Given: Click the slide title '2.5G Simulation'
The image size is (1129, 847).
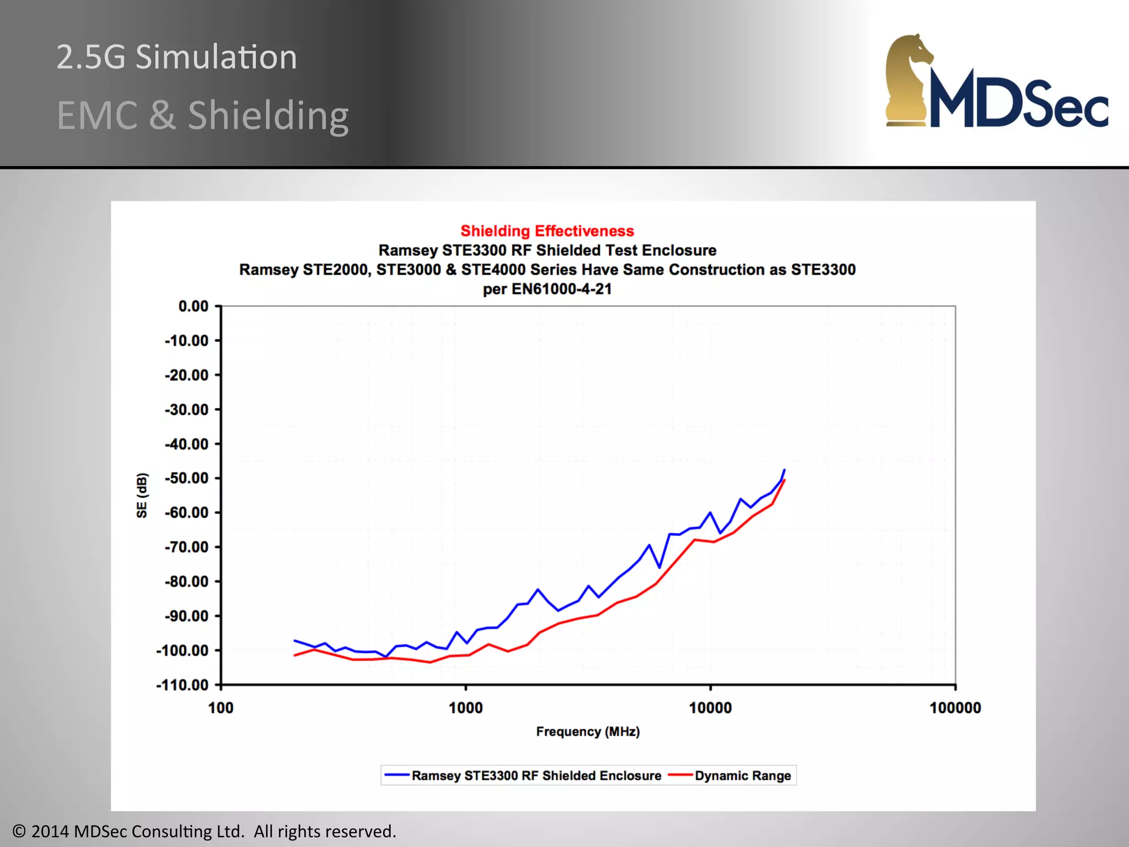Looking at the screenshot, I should click(x=176, y=57).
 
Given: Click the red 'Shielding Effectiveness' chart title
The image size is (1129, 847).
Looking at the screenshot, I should click(x=547, y=230).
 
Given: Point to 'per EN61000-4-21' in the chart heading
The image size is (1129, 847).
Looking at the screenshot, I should click(x=547, y=289).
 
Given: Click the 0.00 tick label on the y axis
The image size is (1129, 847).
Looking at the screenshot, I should click(x=193, y=306).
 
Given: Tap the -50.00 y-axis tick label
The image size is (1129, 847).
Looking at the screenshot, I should click(x=187, y=478).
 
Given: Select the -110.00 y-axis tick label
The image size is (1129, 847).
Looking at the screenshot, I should click(x=182, y=685).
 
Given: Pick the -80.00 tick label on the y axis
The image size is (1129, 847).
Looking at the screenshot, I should click(x=187, y=582).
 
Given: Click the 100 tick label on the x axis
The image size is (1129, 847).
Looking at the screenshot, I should click(x=221, y=708).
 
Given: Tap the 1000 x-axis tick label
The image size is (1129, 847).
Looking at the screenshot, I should click(x=465, y=708).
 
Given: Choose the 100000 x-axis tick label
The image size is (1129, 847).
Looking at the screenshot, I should click(x=955, y=708).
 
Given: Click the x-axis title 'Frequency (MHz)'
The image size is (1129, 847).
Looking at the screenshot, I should click(x=588, y=732).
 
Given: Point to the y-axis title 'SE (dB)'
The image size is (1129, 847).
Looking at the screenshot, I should click(x=142, y=495).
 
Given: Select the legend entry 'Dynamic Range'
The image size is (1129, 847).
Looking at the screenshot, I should click(x=742, y=776).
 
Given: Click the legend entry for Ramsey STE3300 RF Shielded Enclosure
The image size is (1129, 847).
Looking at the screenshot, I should click(x=536, y=776).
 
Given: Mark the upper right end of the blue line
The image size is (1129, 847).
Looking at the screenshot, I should click(x=784, y=470).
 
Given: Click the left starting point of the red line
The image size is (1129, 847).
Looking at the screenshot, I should click(x=295, y=655).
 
